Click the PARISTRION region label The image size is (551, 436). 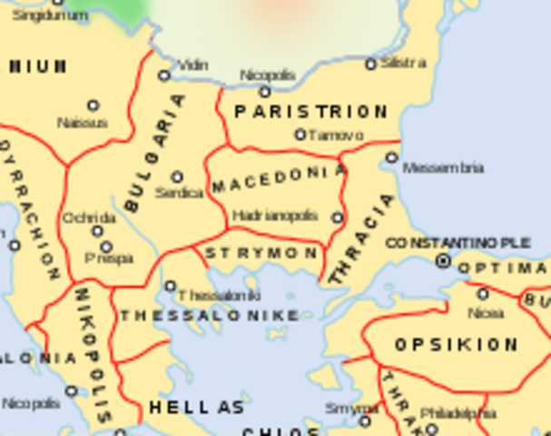pyautogui.click(x=310, y=112)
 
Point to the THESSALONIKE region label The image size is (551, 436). pyautogui.click(x=209, y=316)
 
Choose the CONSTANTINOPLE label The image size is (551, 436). pyautogui.click(x=458, y=243)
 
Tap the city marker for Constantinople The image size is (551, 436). pyautogui.click(x=443, y=262)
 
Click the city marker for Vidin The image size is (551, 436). pyautogui.click(x=164, y=75)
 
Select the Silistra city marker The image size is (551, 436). pyautogui.click(x=370, y=64)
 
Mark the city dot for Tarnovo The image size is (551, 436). pyautogui.click(x=300, y=134)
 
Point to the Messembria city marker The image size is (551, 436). pyautogui.click(x=391, y=157)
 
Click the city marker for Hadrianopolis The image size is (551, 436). pyautogui.click(x=338, y=218)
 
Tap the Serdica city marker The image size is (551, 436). pyautogui.click(x=177, y=176)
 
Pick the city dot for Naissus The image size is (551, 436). pyautogui.click(x=93, y=105)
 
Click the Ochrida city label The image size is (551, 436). pyautogui.click(x=88, y=218)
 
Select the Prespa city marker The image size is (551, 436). pyautogui.click(x=106, y=246)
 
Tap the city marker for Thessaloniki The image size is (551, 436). pyautogui.click(x=170, y=286)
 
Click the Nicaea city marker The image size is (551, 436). pyautogui.click(x=483, y=293)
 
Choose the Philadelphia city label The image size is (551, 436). pyautogui.click(x=458, y=413)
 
